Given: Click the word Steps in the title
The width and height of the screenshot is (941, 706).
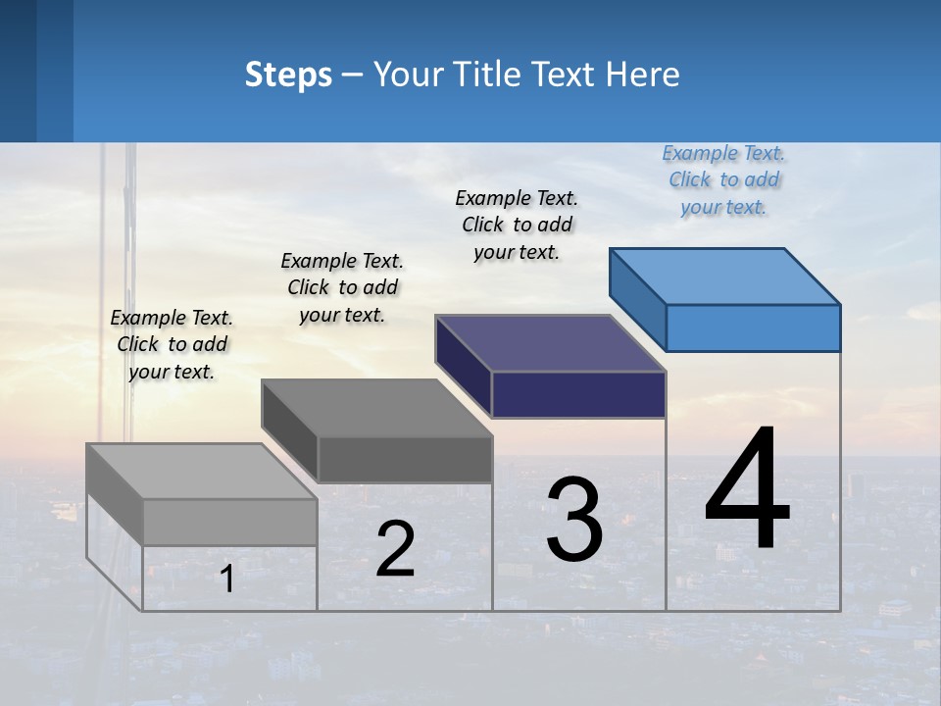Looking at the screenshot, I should [x=288, y=75].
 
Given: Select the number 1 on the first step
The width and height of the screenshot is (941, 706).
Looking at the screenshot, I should [x=227, y=579].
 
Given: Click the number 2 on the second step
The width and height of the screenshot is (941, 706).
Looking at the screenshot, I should [x=395, y=549].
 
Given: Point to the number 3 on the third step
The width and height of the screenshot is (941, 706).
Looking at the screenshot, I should [x=574, y=520].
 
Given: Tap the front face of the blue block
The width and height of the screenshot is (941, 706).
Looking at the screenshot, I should [x=753, y=328].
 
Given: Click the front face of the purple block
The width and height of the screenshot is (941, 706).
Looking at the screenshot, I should [x=578, y=394].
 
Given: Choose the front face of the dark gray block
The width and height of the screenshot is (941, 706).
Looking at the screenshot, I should [x=405, y=459].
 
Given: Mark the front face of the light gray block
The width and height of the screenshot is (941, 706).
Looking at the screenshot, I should [x=230, y=522].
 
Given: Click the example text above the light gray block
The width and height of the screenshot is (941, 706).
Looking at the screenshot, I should [x=172, y=344].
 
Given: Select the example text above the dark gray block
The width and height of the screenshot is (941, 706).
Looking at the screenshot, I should [x=342, y=287].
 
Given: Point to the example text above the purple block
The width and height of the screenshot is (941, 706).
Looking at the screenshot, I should [x=517, y=225].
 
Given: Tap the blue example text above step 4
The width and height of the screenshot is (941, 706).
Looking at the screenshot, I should [x=723, y=179].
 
